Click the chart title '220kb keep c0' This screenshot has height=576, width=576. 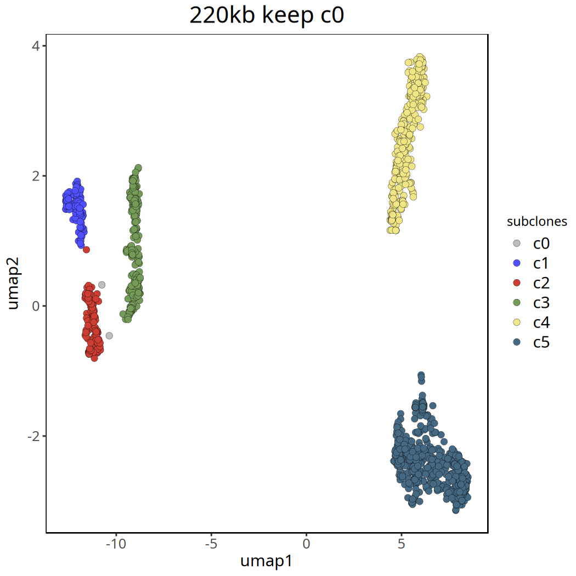click(267, 16)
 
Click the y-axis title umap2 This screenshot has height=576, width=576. click(15, 285)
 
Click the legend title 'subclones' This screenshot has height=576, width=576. click(537, 222)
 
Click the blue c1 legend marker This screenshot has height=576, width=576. click(516, 263)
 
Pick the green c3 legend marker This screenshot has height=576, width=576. click(516, 303)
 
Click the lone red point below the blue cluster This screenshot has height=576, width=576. click(86, 250)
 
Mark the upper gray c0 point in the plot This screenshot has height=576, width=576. click(101, 285)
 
